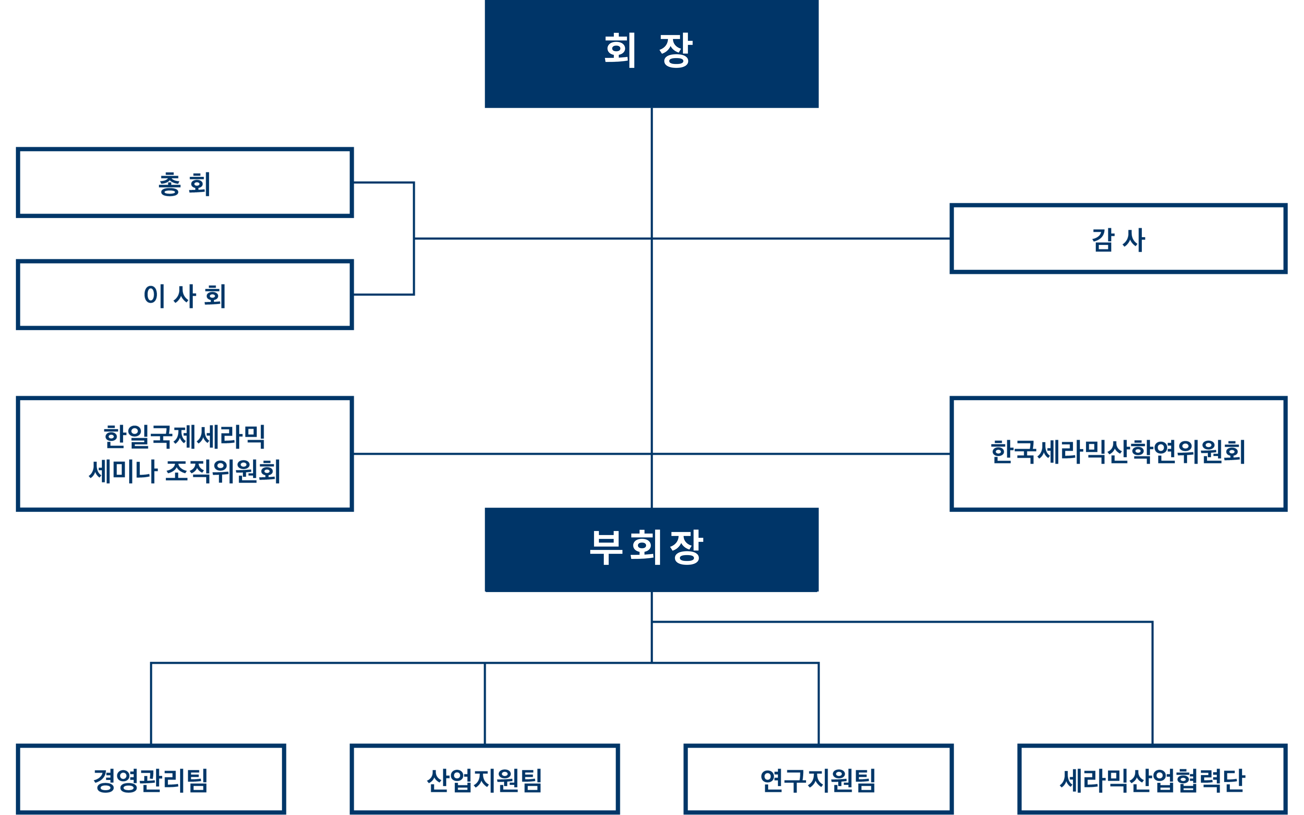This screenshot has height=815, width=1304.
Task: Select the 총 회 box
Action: point(185,183)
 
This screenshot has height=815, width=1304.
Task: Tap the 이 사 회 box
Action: point(185,295)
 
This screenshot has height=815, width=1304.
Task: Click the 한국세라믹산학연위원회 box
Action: point(1118,454)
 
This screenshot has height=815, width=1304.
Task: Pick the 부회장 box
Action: point(651,549)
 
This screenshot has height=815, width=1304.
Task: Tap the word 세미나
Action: point(123,471)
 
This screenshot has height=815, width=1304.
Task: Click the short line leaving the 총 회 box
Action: point(383,183)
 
